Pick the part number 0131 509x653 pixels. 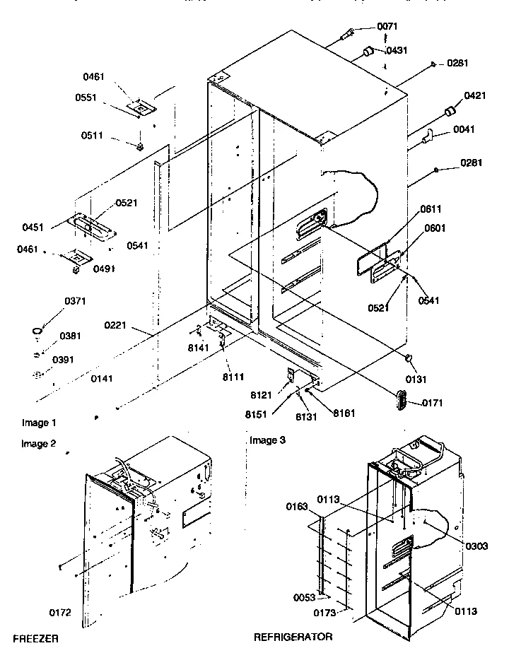pyautogui.click(x=431, y=359)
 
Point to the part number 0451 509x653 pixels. pyautogui.click(x=33, y=228)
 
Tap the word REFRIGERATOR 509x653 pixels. pyautogui.click(x=293, y=637)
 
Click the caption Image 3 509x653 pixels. pyautogui.click(x=268, y=440)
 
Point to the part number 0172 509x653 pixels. pyautogui.click(x=61, y=612)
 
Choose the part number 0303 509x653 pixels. pyautogui.click(x=477, y=546)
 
